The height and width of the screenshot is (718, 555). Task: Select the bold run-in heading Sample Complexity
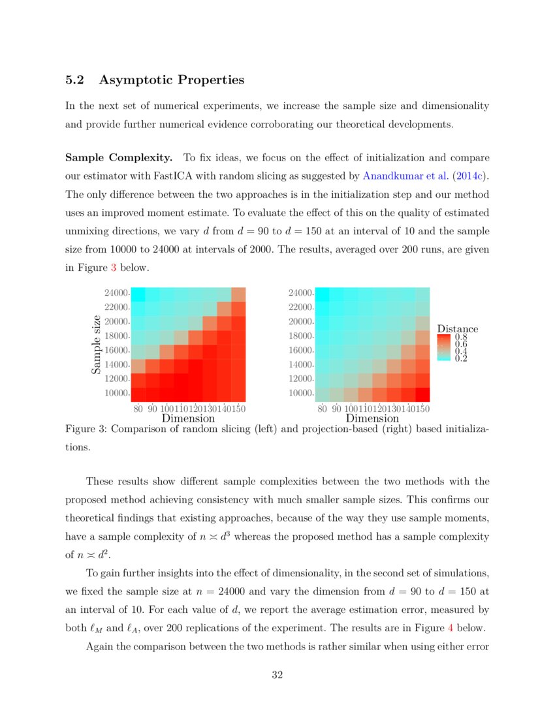click(118, 157)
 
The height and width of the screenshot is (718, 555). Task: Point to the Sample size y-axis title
click(96, 345)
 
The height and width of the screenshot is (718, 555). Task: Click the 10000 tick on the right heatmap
click(301, 394)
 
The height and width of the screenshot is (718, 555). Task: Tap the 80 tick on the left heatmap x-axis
click(138, 409)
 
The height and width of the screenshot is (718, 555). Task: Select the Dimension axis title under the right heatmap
click(372, 418)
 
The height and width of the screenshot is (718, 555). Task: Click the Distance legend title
click(457, 329)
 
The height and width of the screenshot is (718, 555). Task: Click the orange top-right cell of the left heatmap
click(238, 294)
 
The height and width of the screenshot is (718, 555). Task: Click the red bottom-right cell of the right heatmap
click(422, 394)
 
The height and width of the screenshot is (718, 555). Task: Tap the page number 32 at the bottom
click(277, 675)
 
